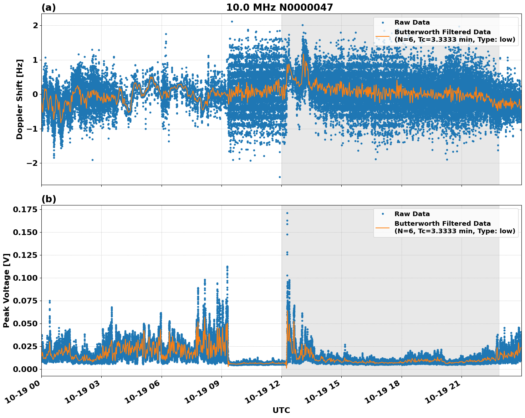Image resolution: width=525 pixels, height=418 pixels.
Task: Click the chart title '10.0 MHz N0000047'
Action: [x=279, y=7]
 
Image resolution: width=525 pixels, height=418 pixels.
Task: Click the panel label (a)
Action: [x=49, y=7]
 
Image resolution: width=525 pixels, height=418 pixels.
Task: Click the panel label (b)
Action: [x=49, y=199]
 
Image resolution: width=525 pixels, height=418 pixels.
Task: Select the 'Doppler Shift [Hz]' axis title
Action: [x=20, y=99]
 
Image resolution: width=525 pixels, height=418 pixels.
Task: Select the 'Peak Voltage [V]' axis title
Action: [x=6, y=290]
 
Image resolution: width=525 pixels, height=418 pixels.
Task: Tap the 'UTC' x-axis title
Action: [x=281, y=410]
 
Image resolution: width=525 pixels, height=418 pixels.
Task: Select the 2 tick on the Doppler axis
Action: [x=35, y=25]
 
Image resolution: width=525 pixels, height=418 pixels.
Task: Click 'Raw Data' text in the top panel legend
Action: [x=412, y=22]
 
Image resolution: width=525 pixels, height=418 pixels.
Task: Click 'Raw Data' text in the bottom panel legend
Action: [x=412, y=214]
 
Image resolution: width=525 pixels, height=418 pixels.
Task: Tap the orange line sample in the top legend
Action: [x=383, y=36]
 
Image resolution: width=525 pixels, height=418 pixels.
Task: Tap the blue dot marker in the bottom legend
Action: [x=383, y=214]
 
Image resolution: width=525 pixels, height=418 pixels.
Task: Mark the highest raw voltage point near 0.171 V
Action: [x=287, y=213]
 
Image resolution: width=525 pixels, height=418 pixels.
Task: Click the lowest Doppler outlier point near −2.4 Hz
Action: [x=280, y=177]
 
